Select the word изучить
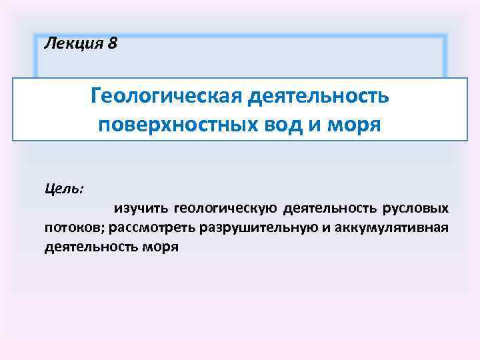pyautogui.click(x=140, y=209)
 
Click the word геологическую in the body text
pyautogui.click(x=225, y=209)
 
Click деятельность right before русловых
pyautogui.click(x=330, y=209)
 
